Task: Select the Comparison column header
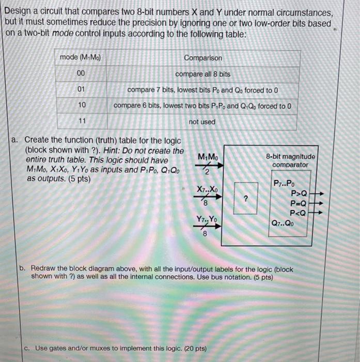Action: (x=203, y=58)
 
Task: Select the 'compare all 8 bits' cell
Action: (x=202, y=74)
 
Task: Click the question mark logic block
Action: (x=246, y=199)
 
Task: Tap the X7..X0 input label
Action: (x=207, y=190)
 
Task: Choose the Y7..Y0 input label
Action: (x=207, y=221)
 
